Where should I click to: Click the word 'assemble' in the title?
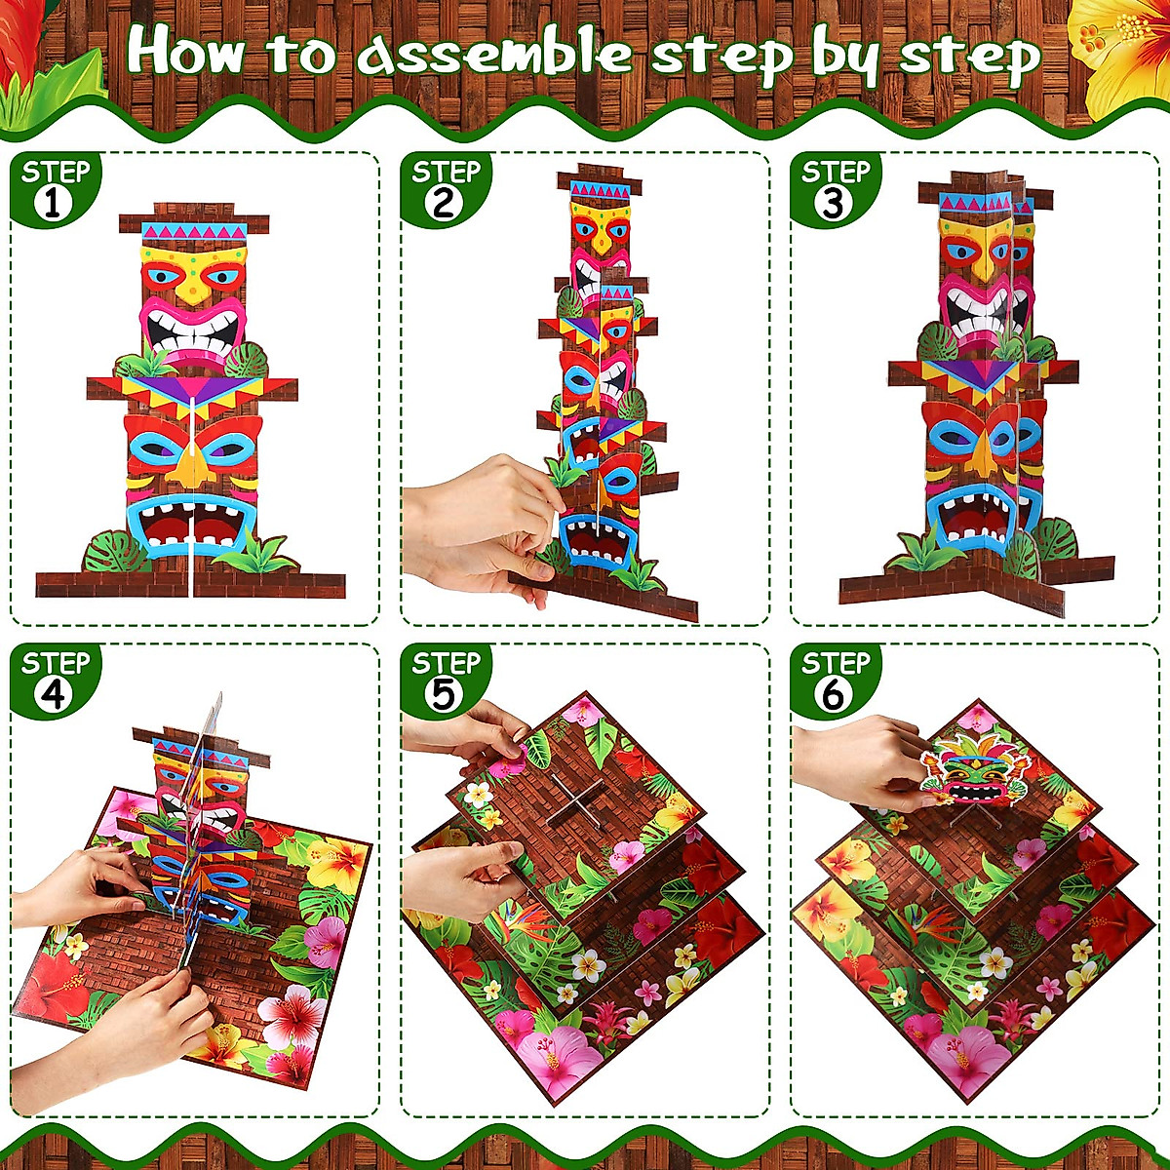(x=495, y=54)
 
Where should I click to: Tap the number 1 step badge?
(x=55, y=190)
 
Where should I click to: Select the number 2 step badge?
(x=445, y=190)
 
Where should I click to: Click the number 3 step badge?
(x=835, y=190)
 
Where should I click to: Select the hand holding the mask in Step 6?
(x=858, y=760)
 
